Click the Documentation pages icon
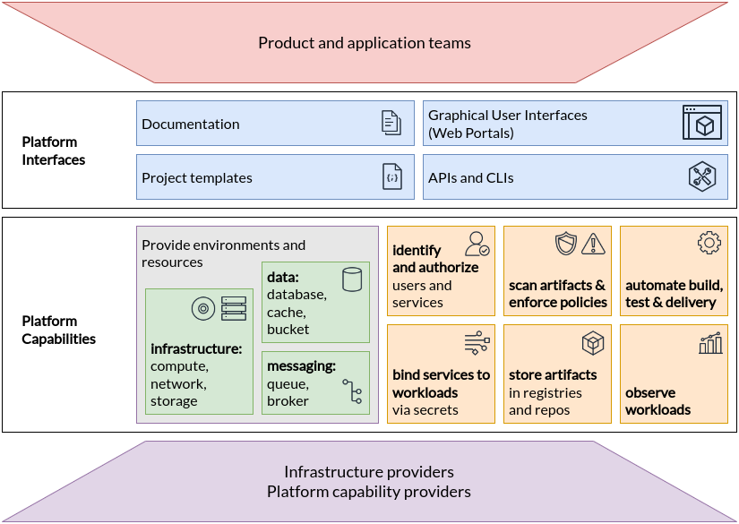point(391,123)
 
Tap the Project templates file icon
point(391,176)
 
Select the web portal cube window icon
point(701,123)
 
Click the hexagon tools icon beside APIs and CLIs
point(701,176)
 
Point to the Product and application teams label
point(364,42)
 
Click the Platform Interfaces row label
point(54,150)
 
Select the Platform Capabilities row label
point(59,330)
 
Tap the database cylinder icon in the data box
point(351,279)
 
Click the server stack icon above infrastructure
point(233,308)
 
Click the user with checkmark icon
point(477,244)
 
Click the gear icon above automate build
point(709,242)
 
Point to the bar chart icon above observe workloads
point(709,343)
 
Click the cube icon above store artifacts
point(593,343)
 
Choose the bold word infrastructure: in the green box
point(196,348)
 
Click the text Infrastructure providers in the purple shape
point(368,471)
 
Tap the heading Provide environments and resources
point(223,253)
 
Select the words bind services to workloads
point(441,383)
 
